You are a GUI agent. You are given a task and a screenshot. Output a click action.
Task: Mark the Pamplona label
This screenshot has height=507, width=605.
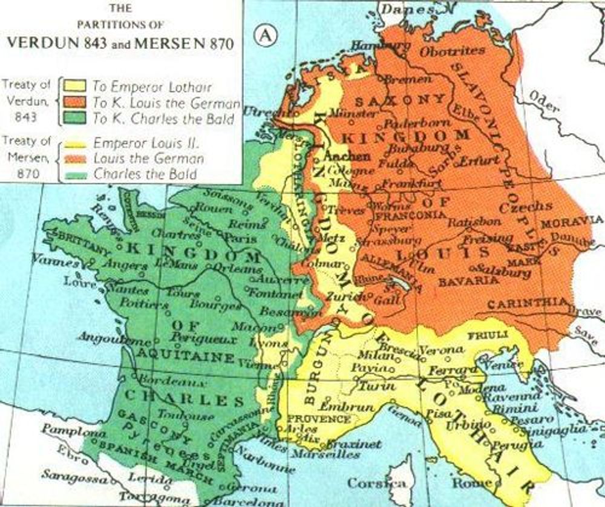tap(65, 433)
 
